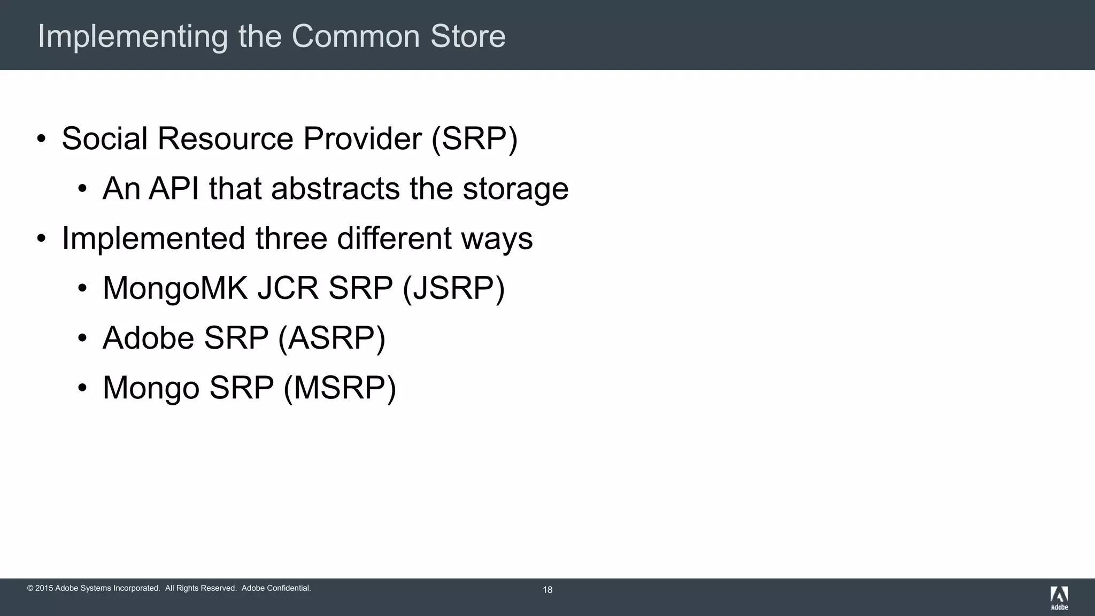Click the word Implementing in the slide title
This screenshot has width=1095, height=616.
(133, 37)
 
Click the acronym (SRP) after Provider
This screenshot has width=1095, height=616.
(474, 138)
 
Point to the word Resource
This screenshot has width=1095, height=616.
(225, 138)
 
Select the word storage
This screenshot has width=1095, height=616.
(515, 189)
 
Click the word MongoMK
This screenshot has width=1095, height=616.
(175, 288)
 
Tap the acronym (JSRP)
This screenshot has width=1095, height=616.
(453, 288)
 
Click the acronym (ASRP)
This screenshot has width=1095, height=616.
(331, 338)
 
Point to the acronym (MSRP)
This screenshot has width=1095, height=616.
(340, 388)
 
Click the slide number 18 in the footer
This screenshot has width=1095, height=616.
(547, 590)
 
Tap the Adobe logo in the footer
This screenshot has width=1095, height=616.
(1059, 597)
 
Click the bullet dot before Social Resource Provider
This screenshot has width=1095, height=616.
(41, 139)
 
